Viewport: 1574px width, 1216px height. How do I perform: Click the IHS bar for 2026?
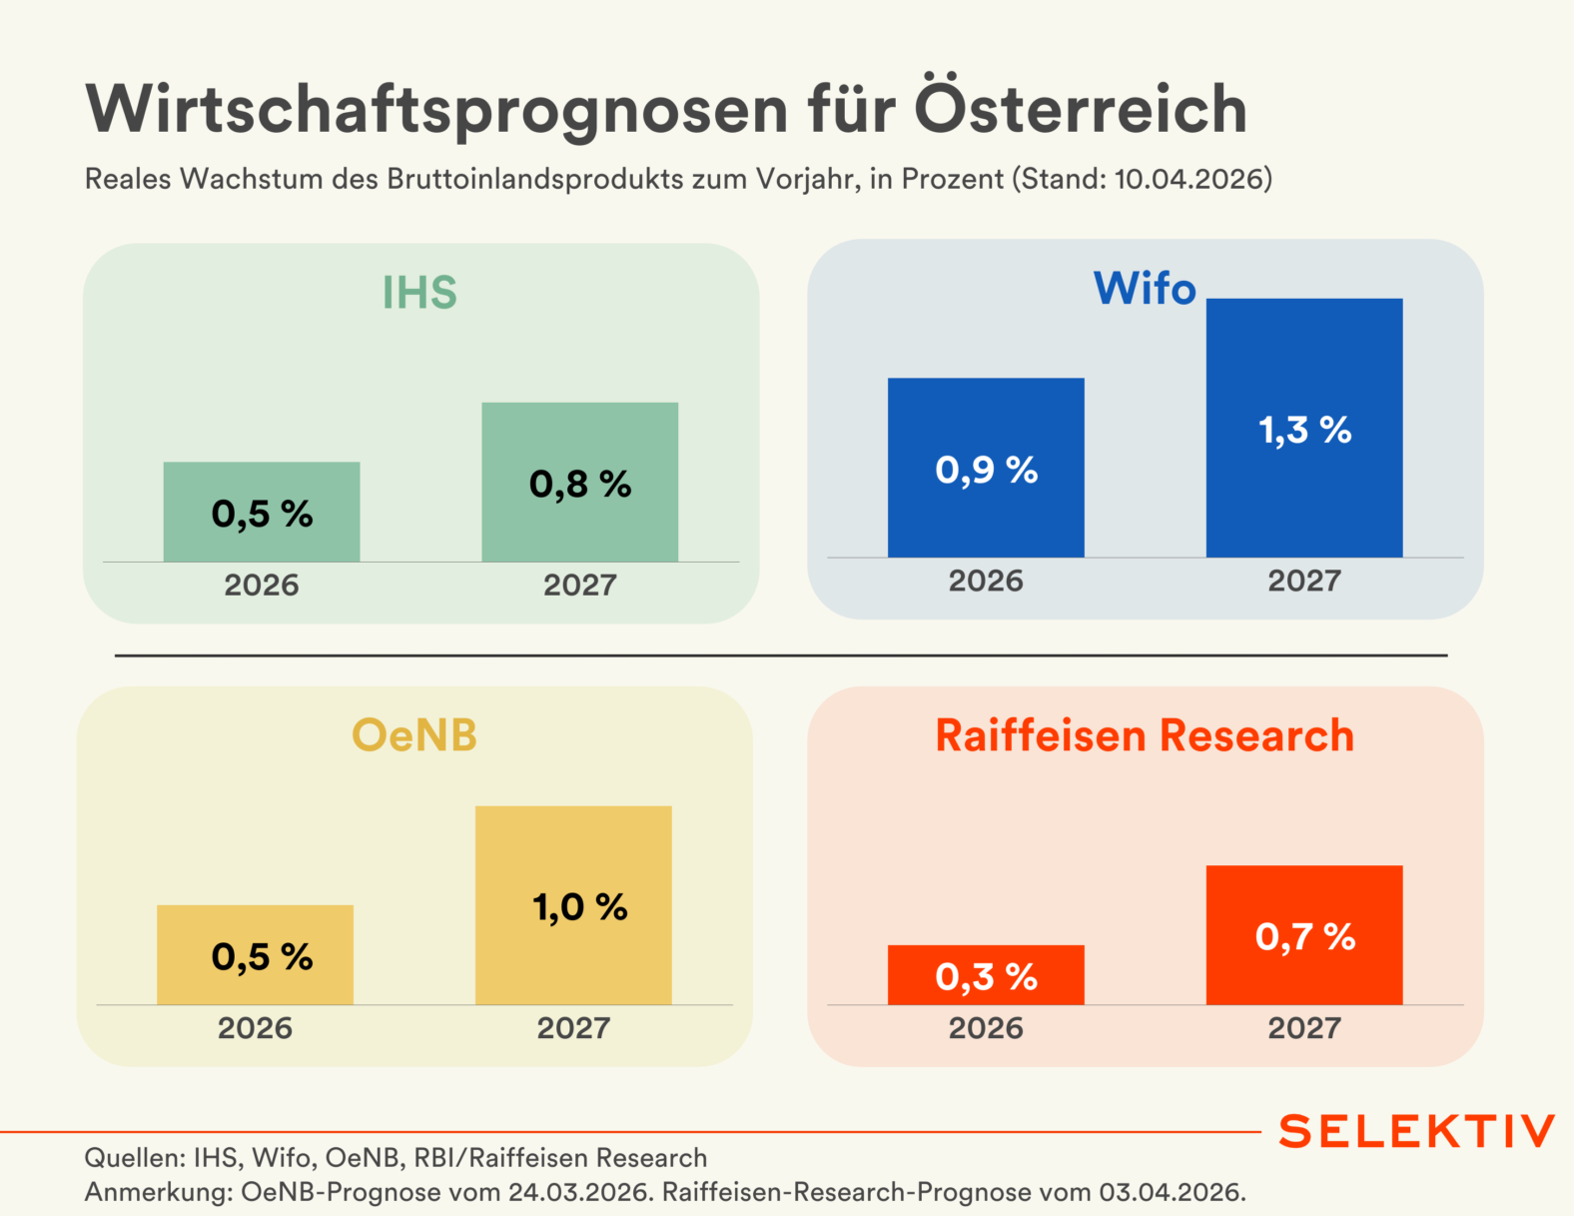[x=262, y=512]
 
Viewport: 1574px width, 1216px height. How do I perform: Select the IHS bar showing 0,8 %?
[x=579, y=482]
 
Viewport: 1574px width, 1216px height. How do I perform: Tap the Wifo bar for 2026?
[x=986, y=468]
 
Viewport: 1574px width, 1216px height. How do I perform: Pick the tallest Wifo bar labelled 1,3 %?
[x=1303, y=428]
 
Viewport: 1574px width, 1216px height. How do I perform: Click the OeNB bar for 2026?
[x=255, y=954]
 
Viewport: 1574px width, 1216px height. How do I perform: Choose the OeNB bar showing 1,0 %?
[x=573, y=904]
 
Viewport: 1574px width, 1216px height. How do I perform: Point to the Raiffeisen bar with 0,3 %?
[x=986, y=975]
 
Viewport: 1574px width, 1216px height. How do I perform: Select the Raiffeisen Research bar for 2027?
[x=1303, y=935]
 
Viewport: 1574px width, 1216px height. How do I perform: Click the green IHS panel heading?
[x=419, y=293]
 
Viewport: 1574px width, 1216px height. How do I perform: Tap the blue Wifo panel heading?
[x=1145, y=289]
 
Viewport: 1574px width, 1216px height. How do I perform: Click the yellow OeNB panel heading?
[x=414, y=735]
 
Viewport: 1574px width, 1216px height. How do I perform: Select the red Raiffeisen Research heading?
[x=1145, y=735]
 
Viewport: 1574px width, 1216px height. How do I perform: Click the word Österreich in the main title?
[x=1081, y=108]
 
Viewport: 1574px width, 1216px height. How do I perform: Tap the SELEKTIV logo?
[x=1416, y=1131]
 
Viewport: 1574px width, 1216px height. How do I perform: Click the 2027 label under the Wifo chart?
[x=1303, y=581]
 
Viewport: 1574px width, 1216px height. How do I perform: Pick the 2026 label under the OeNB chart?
[x=255, y=1028]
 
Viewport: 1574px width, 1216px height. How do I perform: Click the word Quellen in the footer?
[x=131, y=1158]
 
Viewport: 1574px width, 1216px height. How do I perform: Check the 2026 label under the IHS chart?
[x=262, y=585]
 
